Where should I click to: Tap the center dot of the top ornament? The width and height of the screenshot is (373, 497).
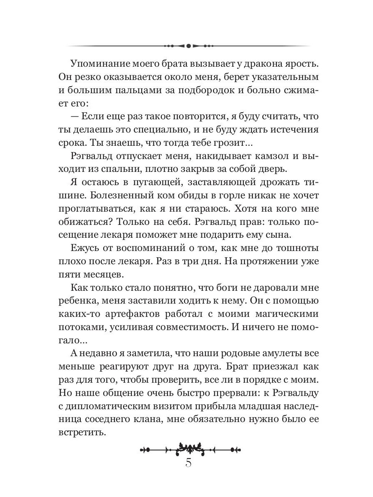coord(188,46)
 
